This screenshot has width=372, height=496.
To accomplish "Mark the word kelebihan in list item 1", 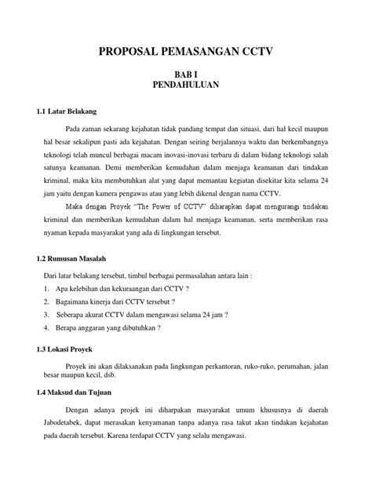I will (x=86, y=287).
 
